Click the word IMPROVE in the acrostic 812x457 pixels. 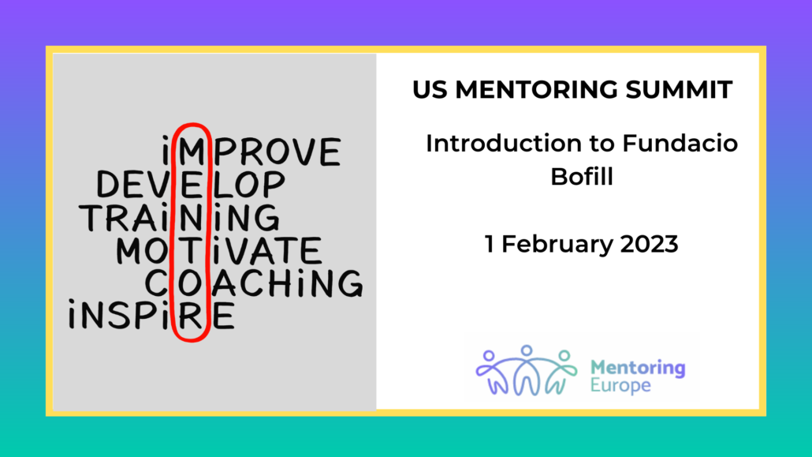point(251,152)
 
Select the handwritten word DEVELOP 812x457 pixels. point(191,184)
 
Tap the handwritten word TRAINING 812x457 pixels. point(180,217)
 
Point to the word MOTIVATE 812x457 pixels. point(218,250)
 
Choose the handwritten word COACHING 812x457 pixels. point(253,283)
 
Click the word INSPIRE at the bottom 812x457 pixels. point(151,315)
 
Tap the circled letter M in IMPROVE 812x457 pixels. point(192,152)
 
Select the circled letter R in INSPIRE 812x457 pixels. point(191,316)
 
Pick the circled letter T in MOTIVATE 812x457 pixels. point(191,250)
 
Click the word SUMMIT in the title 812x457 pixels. point(679,90)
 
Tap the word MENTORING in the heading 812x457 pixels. point(537,90)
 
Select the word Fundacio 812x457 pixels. point(680,144)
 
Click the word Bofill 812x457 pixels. point(582,177)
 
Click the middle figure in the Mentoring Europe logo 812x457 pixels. point(527,369)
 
